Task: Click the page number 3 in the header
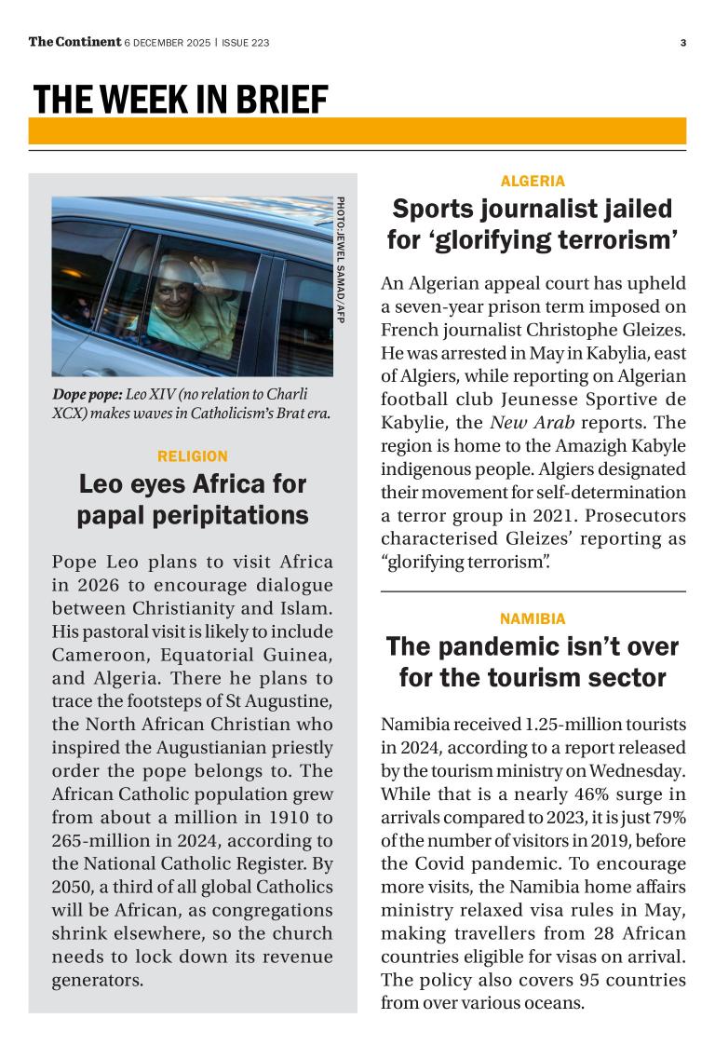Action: coord(682,42)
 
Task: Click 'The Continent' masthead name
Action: coord(74,41)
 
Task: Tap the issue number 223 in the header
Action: coord(258,42)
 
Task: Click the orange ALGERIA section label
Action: coord(533,182)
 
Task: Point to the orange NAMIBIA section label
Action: coord(533,618)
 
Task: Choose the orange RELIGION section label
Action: coord(193,456)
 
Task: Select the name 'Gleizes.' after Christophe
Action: coord(648,330)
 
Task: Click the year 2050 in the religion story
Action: coord(71,888)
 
